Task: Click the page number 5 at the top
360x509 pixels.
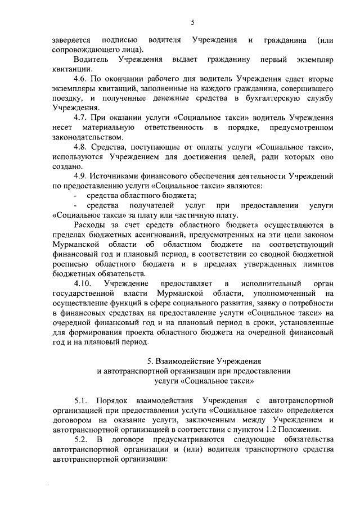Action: pos(193,22)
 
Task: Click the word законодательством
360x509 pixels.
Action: pos(85,137)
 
